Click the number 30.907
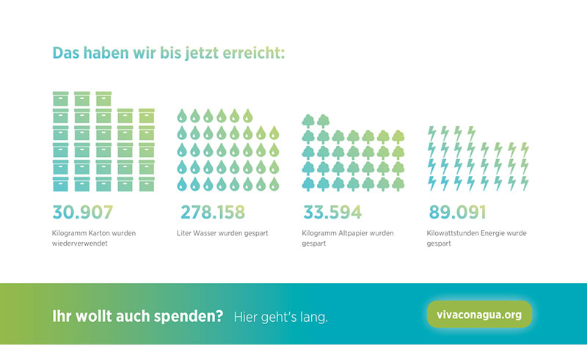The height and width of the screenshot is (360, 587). [x=83, y=213]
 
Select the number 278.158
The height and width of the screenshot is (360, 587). [x=213, y=213]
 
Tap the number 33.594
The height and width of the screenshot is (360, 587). [x=332, y=213]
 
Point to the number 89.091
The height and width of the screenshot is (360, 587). [x=459, y=213]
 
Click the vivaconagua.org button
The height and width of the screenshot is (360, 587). [x=478, y=315]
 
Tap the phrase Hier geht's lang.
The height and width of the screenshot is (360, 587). [x=281, y=317]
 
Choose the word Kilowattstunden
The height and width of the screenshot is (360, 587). [x=453, y=233]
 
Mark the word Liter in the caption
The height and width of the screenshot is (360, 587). [x=184, y=233]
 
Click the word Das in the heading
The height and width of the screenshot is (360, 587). [x=65, y=54]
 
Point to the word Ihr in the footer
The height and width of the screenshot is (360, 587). [x=61, y=317]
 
